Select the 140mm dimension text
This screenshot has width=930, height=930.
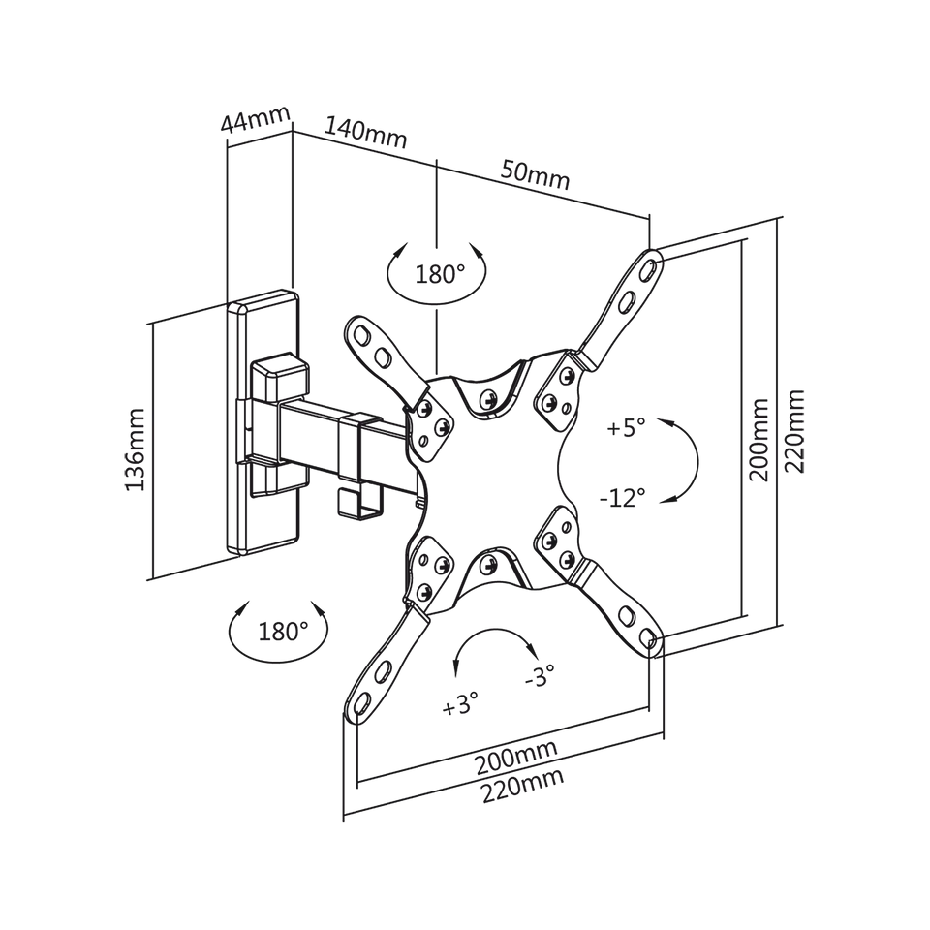click(366, 133)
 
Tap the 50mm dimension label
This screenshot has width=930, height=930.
click(535, 173)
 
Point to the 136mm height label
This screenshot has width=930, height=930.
click(135, 449)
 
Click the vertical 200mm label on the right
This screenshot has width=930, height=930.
click(759, 440)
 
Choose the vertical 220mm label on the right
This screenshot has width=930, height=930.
click(794, 430)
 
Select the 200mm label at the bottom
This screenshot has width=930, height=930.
click(516, 758)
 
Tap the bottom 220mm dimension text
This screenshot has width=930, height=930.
click(522, 786)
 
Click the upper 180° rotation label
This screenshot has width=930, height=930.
click(440, 274)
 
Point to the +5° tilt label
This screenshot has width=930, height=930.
click(626, 427)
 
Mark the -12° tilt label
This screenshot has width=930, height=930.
click(622, 498)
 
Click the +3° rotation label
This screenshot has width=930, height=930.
click(460, 704)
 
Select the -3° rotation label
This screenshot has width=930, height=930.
click(540, 675)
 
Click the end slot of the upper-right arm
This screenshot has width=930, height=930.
click(650, 267)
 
